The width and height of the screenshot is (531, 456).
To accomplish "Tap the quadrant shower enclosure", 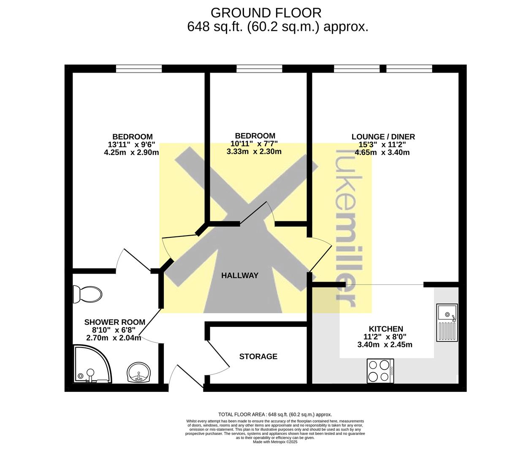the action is [93, 364].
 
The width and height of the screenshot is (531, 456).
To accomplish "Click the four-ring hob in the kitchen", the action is [380, 371].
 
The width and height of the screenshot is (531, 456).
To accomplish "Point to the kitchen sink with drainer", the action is [447, 323].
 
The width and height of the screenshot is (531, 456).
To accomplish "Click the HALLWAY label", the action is [240, 276].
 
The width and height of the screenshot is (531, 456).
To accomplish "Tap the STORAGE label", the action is [258, 356].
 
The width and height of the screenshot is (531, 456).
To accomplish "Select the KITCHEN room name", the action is [386, 329].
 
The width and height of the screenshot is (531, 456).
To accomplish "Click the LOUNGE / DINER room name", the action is [383, 137].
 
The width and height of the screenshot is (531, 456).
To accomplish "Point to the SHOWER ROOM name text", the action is [114, 322].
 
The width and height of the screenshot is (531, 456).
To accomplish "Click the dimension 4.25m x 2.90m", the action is [131, 152].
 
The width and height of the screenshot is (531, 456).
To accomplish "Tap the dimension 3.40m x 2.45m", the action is [385, 345].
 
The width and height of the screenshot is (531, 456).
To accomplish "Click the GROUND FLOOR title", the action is [266, 13].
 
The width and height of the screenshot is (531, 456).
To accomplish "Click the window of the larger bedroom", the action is [139, 69].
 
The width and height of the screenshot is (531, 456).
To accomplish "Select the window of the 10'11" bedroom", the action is [259, 69].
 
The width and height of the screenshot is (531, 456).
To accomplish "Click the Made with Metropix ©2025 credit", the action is [275, 442].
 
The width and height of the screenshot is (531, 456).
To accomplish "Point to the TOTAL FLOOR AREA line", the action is [275, 414].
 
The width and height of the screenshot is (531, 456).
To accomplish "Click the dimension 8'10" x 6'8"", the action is [114, 330].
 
